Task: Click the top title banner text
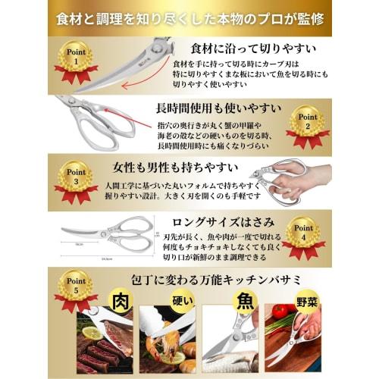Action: click(x=189, y=17)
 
